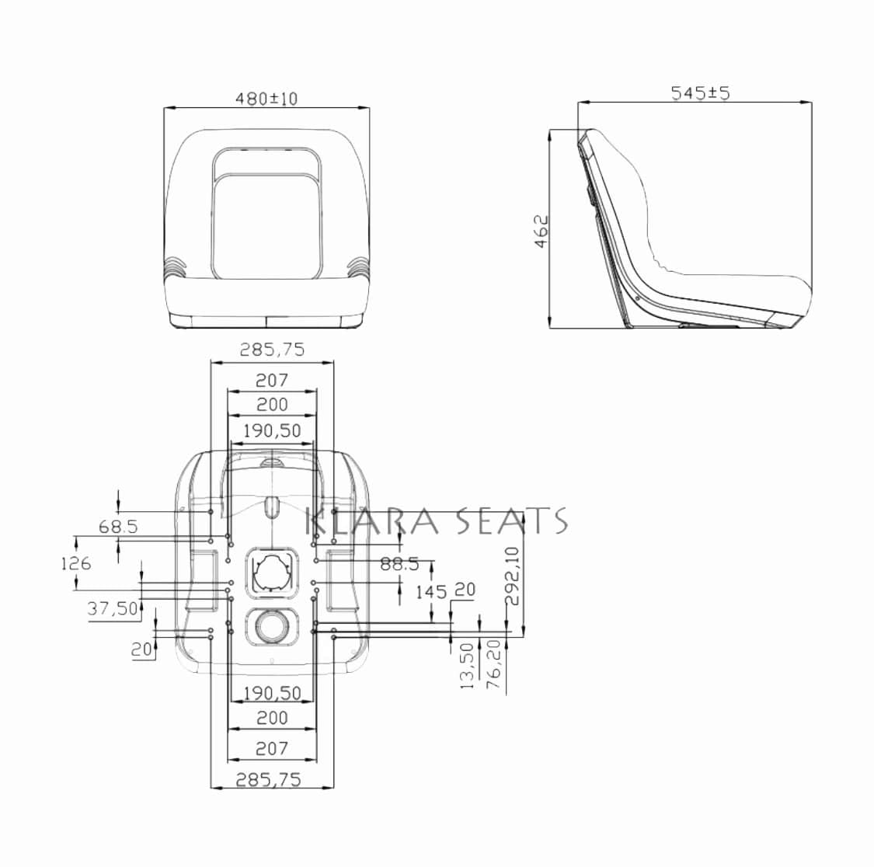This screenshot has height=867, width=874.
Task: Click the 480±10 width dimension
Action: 266,99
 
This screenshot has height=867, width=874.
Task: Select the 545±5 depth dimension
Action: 700,92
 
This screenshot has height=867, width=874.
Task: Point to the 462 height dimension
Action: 541,232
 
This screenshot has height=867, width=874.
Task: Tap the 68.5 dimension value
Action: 118,526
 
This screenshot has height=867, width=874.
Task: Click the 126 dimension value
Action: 76,564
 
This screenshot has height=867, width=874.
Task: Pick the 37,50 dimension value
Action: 113,608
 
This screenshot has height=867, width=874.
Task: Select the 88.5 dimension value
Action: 399,564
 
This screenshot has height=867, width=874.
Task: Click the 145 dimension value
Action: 431,591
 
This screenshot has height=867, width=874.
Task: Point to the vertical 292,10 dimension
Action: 512,576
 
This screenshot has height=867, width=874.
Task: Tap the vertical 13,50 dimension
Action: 467,666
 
